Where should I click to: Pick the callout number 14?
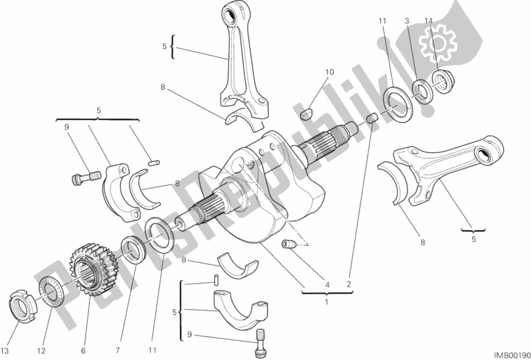coord(429,21)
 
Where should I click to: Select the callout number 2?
coord(348,286)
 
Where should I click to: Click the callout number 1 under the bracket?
coord(326,302)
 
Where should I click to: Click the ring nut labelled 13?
coord(23,305)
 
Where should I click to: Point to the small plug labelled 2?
coord(372,119)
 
